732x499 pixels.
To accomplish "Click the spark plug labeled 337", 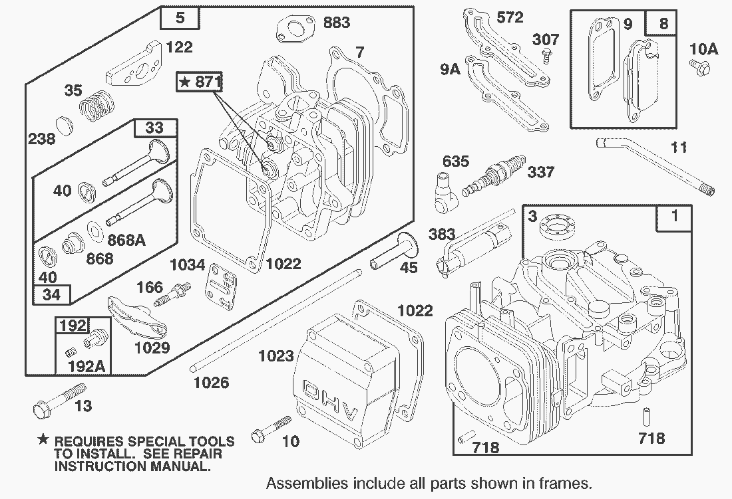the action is pyautogui.click(x=494, y=175).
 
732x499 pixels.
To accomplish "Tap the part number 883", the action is pyautogui.click(x=337, y=22).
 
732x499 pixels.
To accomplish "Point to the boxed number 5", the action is pyautogui.click(x=180, y=18).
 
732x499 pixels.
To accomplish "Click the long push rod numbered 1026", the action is pyautogui.click(x=276, y=321).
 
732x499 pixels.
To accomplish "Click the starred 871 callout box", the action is pyautogui.click(x=200, y=82).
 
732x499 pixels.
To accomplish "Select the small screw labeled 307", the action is pyautogui.click(x=545, y=57).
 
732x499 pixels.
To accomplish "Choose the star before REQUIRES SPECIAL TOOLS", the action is pyautogui.click(x=43, y=439).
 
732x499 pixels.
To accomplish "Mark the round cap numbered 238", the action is pyautogui.click(x=65, y=126).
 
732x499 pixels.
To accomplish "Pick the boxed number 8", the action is pyautogui.click(x=663, y=23).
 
